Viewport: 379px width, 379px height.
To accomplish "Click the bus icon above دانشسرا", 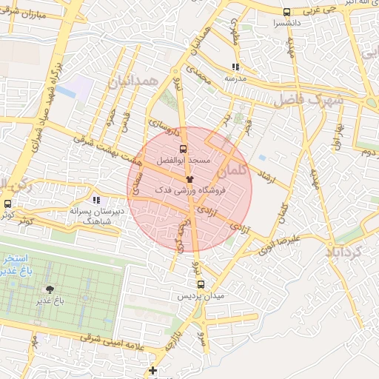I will (286, 12).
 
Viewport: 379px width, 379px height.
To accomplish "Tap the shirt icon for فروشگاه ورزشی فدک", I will (189, 179).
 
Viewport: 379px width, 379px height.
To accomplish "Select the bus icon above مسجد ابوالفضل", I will (183, 147).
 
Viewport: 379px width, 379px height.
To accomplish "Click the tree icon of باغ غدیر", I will (50, 289).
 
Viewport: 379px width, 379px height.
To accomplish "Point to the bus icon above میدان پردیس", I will (200, 284).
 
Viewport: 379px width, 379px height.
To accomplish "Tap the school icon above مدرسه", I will (235, 67).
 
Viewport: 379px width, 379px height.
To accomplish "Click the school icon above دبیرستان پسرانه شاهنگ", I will (95, 200).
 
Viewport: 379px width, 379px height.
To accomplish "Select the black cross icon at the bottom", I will (153, 370).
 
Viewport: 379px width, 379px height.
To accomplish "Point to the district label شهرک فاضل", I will (308, 99).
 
